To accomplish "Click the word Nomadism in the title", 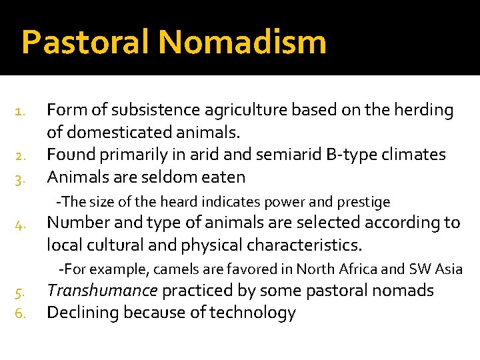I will [x=243, y=42].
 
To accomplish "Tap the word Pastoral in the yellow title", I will [x=87, y=42].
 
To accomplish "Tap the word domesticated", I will [x=113, y=133].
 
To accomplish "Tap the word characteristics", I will [x=305, y=245].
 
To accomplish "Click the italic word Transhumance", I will [x=102, y=291].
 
